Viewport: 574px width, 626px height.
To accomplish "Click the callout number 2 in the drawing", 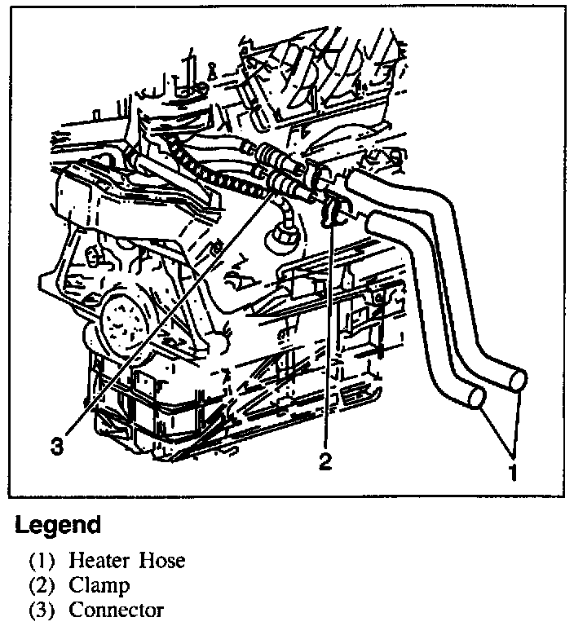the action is point(325,462).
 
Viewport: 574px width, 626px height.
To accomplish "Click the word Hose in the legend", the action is point(161,561).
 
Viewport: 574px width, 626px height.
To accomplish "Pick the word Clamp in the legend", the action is point(99,585).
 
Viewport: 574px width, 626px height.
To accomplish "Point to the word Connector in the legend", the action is point(117,610).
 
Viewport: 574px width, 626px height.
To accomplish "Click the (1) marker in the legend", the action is point(42,561).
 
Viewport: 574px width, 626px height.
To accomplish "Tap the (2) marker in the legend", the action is point(42,585).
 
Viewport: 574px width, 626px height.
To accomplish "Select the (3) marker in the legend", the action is point(42,610).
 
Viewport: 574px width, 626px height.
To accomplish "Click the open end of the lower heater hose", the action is point(476,397).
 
